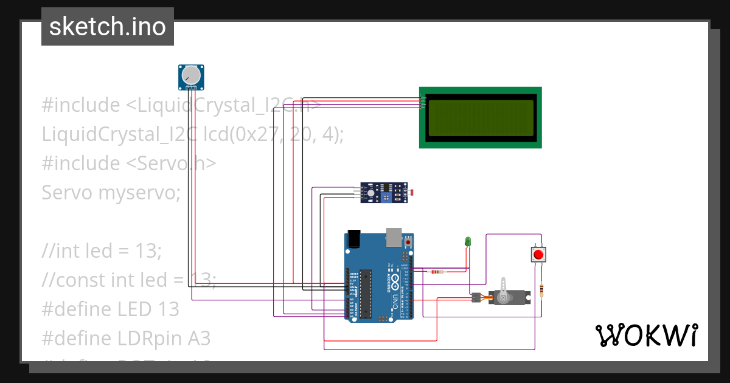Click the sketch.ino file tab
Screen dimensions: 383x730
[107, 27]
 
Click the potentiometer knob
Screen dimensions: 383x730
[191, 75]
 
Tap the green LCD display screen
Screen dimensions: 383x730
[481, 118]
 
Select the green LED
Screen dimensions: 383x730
[468, 241]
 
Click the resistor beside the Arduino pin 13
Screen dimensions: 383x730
[437, 271]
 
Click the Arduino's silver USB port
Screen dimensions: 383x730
[395, 238]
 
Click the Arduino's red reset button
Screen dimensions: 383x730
[408, 242]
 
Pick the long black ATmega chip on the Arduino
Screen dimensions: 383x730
[365, 294]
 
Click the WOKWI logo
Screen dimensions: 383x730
[646, 335]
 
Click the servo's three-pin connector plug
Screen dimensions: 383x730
[475, 297]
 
